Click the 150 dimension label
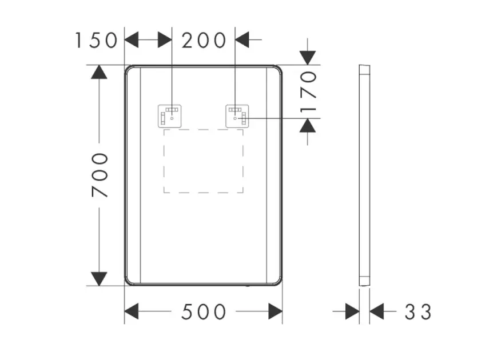coord(96,41)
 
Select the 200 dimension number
coord(204,41)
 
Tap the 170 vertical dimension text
coord(308,92)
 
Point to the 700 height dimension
coord(100,175)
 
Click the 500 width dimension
coord(204,311)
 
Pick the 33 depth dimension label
coord(418,311)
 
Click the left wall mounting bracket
coord(170,116)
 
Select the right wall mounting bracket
coord(237,116)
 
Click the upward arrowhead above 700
coord(99,72)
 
